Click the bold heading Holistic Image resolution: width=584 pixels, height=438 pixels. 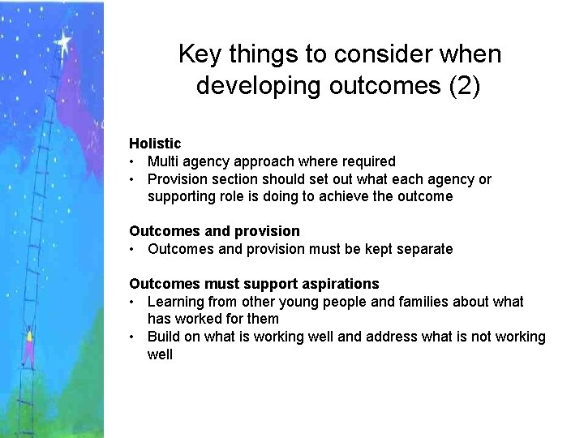tap(155, 144)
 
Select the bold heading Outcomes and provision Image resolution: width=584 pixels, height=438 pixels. tap(214, 231)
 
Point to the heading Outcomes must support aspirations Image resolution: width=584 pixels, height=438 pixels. tap(254, 284)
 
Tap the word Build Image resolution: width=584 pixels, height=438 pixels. tap(165, 337)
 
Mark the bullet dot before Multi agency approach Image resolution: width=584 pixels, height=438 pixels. tap(133, 161)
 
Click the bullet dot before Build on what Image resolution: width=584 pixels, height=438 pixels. tap(133, 337)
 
